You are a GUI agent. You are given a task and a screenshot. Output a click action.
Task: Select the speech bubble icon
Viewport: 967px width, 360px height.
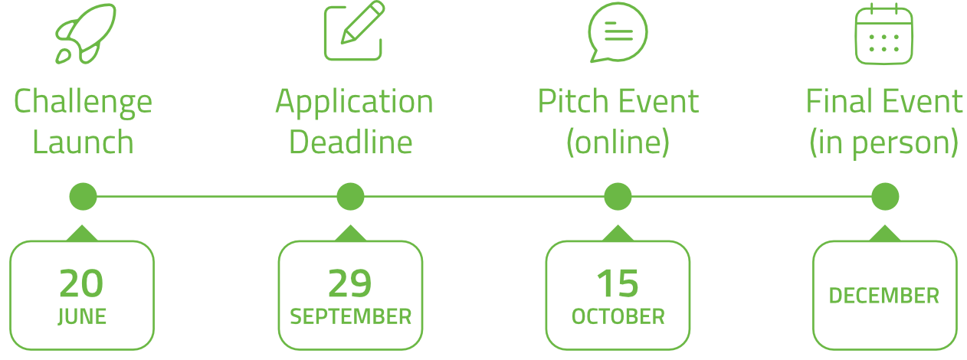tap(618, 32)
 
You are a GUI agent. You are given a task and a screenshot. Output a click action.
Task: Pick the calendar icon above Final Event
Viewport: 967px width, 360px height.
tap(884, 34)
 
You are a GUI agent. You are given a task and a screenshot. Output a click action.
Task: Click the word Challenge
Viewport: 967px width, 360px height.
tap(83, 103)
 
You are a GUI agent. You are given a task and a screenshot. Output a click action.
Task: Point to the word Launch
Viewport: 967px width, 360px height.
tap(83, 142)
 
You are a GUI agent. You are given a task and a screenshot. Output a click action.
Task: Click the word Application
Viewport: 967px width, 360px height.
tap(355, 103)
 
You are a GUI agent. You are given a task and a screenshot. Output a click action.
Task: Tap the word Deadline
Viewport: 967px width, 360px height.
tap(350, 142)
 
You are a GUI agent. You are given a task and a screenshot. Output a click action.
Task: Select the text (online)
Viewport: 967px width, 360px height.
tap(618, 142)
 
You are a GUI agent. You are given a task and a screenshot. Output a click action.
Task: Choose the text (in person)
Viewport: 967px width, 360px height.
tap(883, 143)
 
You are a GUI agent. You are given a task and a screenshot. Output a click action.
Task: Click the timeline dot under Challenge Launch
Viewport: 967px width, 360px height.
tap(83, 196)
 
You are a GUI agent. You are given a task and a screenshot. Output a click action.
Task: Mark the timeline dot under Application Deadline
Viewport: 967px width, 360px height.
tap(350, 196)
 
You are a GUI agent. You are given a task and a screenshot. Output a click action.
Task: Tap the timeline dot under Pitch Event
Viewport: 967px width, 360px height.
tap(618, 196)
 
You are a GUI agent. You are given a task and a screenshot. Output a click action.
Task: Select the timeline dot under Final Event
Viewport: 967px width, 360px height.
tap(885, 196)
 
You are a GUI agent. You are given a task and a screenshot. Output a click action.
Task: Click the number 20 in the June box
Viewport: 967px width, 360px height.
tap(81, 283)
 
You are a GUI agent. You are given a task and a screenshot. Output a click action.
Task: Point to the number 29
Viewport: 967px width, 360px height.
tap(349, 283)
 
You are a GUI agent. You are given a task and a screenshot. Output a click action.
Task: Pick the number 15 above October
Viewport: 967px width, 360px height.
tap(618, 283)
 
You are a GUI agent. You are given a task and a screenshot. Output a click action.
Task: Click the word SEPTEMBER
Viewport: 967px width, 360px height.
tap(350, 317)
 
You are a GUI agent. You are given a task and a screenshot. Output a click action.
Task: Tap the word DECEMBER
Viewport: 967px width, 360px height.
tap(884, 296)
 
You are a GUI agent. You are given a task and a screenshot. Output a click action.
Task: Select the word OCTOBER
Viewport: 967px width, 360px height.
tap(618, 317)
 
